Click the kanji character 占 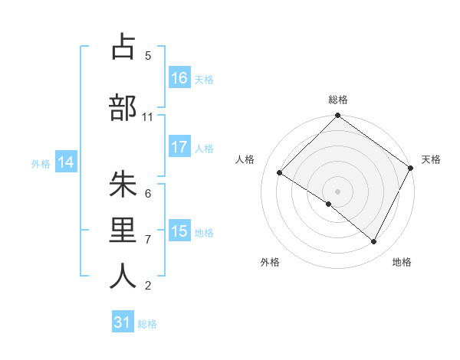123,47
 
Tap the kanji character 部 123,108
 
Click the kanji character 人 123,276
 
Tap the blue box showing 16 179,78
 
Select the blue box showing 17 179,148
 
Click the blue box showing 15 179,231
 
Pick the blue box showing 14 66,162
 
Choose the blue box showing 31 123,323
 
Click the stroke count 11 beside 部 148,117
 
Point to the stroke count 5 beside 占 148,56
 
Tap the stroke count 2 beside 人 148,286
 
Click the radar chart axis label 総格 338,100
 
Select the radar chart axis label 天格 431,159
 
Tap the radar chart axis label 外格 270,263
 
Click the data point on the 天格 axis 410,168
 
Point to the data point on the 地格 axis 373,242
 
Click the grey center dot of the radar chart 337,191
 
